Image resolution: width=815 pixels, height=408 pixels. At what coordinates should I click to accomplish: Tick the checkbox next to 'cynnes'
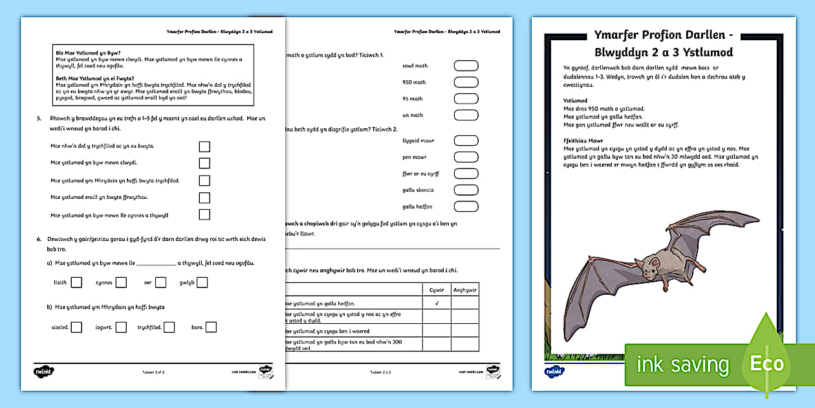121,282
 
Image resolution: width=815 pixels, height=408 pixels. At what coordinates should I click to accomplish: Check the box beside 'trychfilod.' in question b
169,327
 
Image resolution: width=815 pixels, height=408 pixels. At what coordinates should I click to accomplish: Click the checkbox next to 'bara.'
211,327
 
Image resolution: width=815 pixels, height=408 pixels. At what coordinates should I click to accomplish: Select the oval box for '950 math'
466,82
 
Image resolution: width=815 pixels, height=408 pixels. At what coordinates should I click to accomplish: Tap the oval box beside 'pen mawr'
466,157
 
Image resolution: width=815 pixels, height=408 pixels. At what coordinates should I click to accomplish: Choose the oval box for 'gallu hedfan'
466,207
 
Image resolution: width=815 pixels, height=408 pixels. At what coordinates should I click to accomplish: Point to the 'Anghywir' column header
464,290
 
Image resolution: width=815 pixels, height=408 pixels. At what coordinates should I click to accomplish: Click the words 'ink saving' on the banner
683,365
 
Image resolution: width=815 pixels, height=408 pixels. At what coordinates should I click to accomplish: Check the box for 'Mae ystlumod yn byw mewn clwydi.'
204,163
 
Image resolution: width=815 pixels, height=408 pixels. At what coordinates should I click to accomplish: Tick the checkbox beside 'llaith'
76,282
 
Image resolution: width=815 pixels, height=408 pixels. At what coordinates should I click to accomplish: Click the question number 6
39,239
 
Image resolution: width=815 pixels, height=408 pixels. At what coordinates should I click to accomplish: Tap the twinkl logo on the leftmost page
42,372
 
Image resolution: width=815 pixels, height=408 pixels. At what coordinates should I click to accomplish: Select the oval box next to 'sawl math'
466,65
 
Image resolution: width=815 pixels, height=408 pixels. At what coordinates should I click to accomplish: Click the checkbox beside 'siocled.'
76,327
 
